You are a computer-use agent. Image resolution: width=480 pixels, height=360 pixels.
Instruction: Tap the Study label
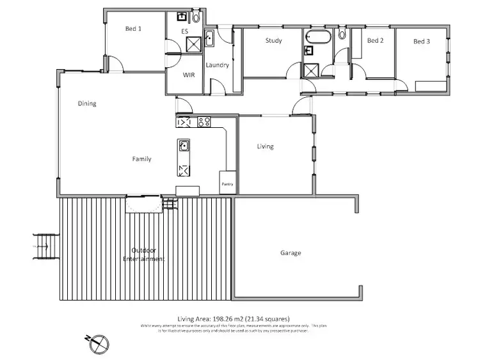[274, 41]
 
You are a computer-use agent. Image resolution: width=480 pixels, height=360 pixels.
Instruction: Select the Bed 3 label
[421, 42]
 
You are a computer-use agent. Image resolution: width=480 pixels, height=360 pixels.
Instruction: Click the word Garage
[291, 253]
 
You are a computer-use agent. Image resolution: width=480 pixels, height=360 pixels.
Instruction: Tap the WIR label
[188, 75]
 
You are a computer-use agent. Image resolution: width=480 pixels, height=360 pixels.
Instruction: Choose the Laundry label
[217, 65]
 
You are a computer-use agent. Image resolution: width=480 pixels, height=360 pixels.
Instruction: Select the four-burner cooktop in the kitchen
[205, 121]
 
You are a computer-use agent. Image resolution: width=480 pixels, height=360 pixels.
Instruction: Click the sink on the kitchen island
[184, 145]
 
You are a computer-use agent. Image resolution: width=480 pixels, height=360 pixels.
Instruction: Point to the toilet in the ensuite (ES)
[195, 17]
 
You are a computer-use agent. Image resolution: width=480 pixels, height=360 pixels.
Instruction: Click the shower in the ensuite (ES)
[193, 44]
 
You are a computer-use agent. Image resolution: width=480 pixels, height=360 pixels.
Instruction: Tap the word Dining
[87, 104]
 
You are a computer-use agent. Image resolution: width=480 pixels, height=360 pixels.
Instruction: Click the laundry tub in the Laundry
[209, 36]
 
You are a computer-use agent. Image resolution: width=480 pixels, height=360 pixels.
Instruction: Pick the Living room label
[265, 146]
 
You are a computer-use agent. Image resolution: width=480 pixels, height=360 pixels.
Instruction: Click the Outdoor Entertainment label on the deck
[143, 254]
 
